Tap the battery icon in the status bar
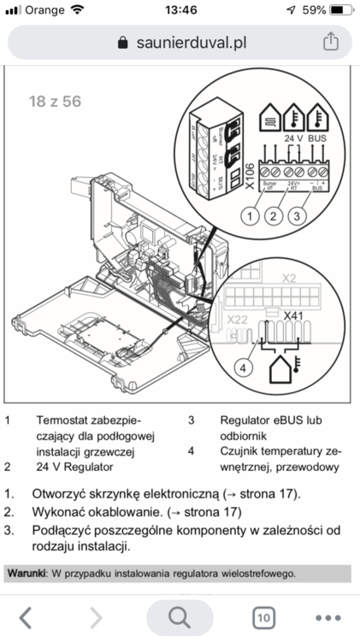[340, 10]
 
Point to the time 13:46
[180, 10]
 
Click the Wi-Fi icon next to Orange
[78, 10]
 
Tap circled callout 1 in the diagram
[250, 215]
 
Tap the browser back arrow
[27, 616]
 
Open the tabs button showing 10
[263, 617]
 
